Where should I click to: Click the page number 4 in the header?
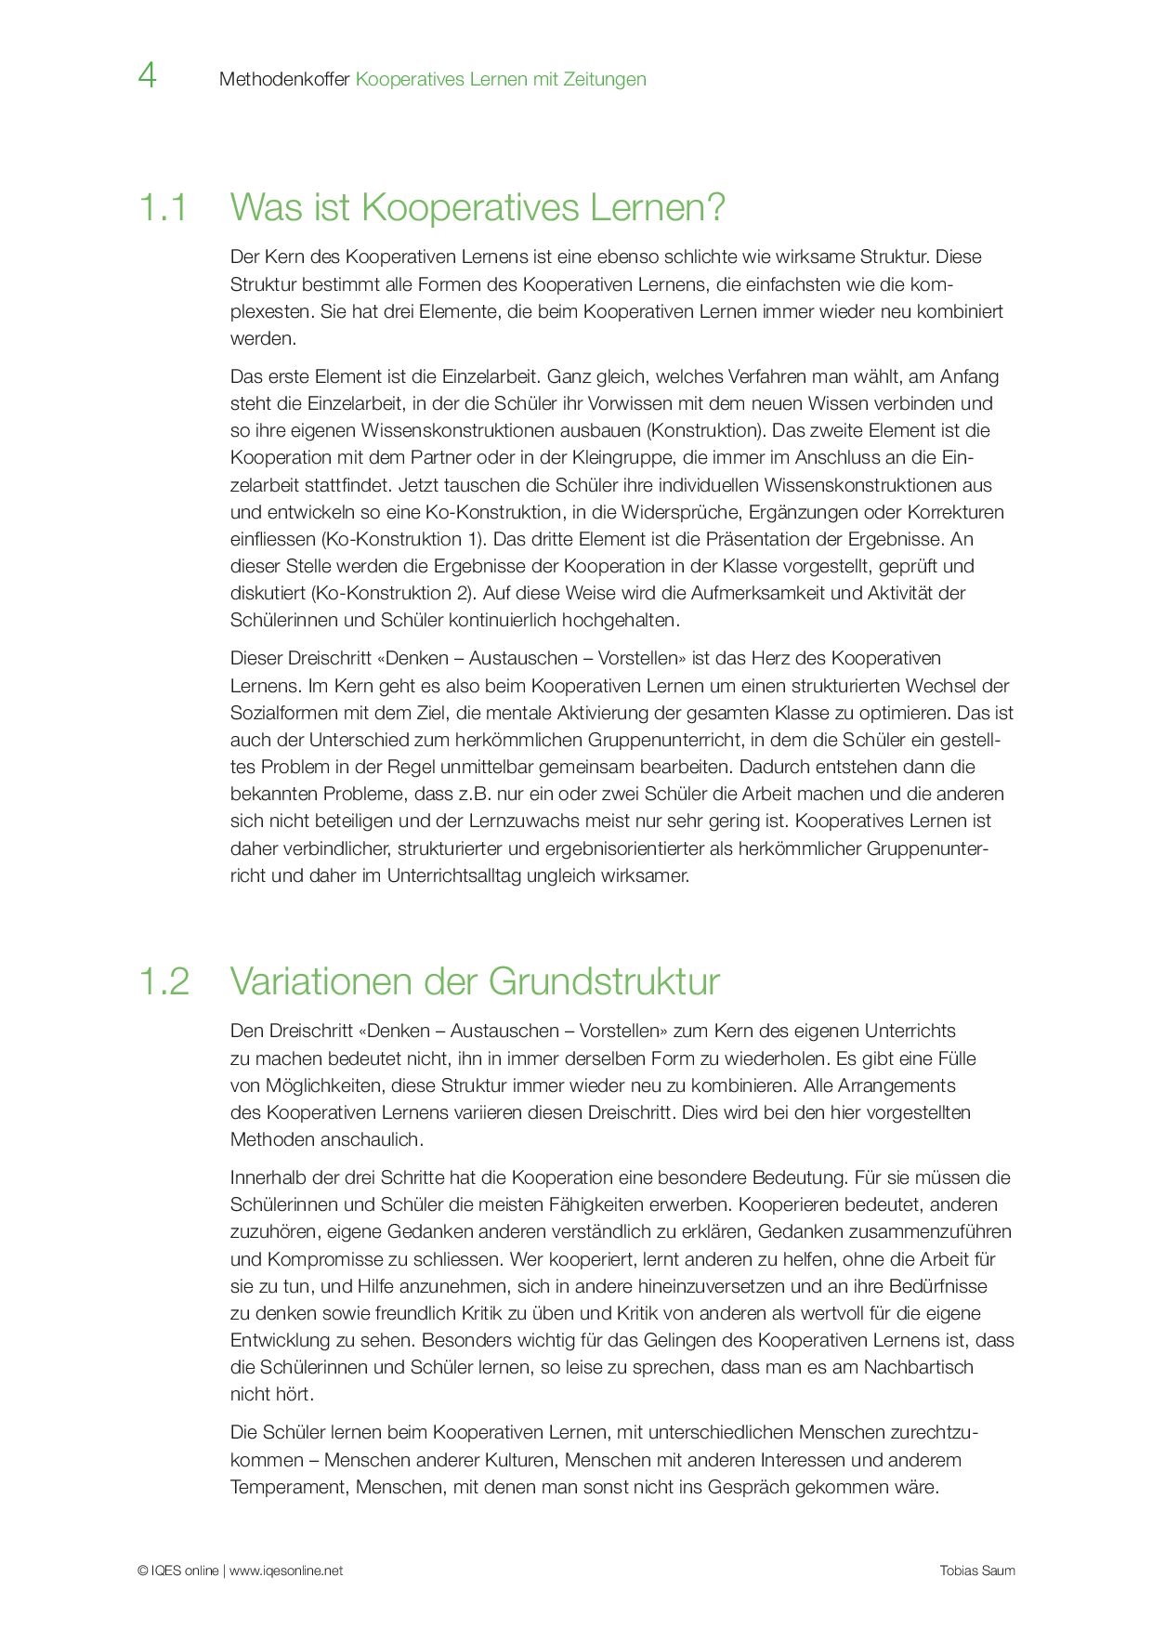[x=147, y=76]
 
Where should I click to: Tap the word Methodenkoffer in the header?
[x=284, y=80]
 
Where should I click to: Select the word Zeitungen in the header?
[x=603, y=80]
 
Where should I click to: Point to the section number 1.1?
[x=163, y=207]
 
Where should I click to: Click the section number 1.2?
[x=164, y=982]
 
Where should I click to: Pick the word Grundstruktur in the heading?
[x=604, y=982]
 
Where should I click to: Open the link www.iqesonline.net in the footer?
[x=286, y=1571]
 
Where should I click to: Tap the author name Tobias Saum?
[x=977, y=1571]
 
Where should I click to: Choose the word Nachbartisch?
[x=918, y=1368]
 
